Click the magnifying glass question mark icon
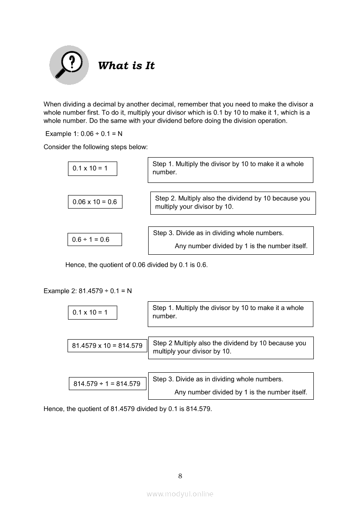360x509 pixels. coord(69,65)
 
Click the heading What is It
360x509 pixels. coord(126,66)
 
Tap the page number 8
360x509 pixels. coord(180,476)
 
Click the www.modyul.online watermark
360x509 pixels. coord(180,494)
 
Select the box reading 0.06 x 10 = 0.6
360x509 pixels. coord(95,202)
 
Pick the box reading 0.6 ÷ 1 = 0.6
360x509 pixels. coord(95,239)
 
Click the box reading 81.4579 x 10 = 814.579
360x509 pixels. coord(107,346)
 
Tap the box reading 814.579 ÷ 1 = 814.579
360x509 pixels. coord(107,384)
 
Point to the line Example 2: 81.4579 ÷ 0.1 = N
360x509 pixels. coord(88,291)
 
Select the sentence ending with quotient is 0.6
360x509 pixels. coord(136,265)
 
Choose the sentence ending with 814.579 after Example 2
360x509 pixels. coord(128,409)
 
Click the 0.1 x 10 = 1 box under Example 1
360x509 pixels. coord(92,169)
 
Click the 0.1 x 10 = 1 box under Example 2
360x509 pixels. coord(92,313)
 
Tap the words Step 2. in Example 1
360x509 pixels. coord(166,199)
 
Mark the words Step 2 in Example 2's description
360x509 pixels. coord(163,343)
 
